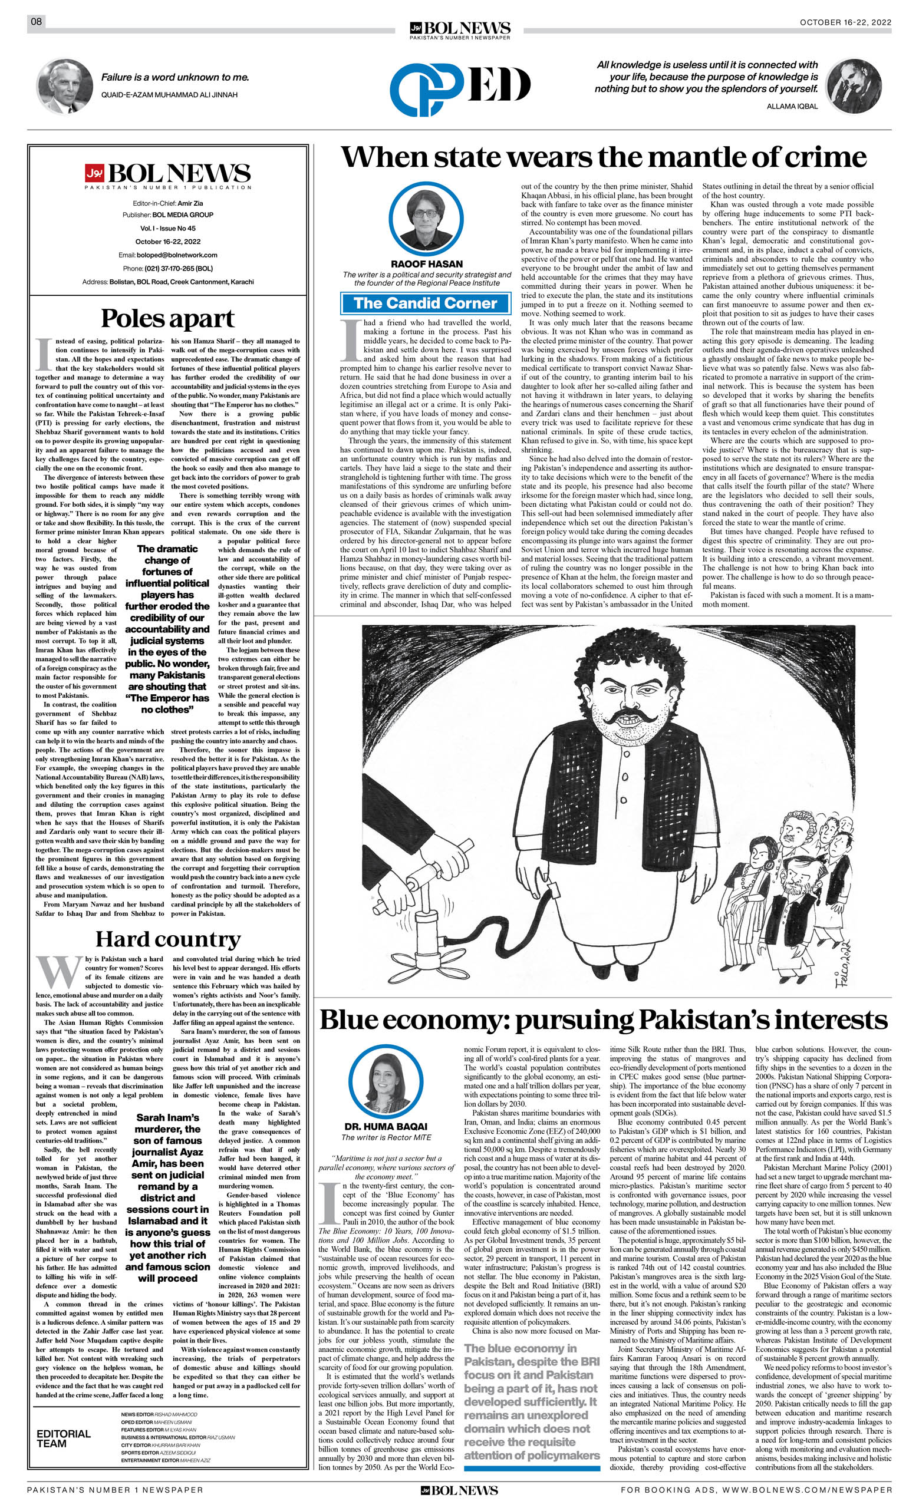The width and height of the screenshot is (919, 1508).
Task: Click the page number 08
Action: click(36, 22)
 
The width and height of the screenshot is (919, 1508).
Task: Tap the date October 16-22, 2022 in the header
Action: click(845, 22)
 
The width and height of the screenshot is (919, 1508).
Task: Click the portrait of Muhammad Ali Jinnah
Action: click(65, 87)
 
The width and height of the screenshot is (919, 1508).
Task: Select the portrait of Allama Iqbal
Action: click(854, 87)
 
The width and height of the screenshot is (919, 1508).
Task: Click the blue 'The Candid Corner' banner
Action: click(425, 303)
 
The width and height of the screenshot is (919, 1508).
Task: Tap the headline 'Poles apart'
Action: click(167, 319)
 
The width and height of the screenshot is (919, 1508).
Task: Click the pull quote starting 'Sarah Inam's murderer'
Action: click(167, 1210)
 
